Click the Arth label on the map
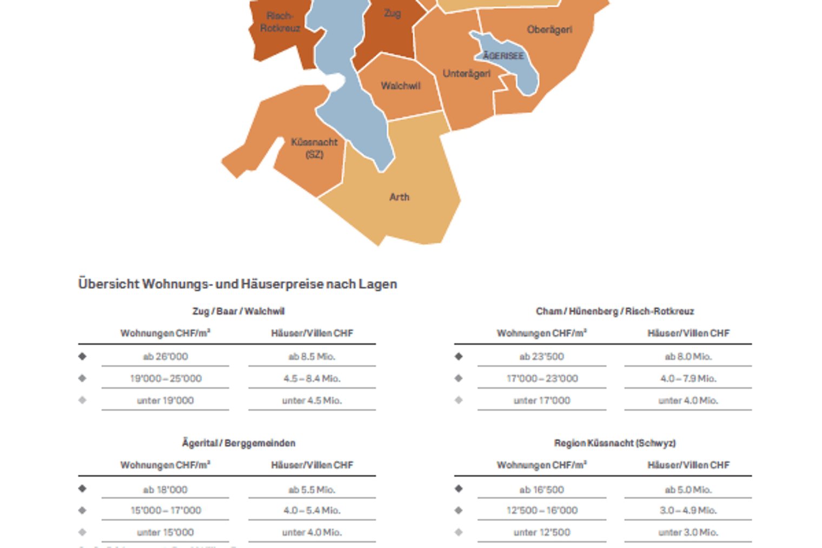(399, 197)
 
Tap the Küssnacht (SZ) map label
(314, 148)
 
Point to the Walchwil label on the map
(400, 86)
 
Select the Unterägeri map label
(466, 74)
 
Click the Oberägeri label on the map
(549, 30)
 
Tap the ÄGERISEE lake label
(503, 56)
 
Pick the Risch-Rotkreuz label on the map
(280, 22)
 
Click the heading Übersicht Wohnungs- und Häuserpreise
(237, 284)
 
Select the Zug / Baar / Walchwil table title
(238, 311)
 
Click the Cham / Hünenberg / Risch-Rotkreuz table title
(614, 311)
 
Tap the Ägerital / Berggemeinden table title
(238, 443)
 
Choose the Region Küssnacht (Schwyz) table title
(614, 443)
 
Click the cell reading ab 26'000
(165, 356)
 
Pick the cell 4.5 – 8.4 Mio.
(311, 379)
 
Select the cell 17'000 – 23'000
(542, 379)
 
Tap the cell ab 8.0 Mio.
(688, 356)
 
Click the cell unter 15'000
(165, 532)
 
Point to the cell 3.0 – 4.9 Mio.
(688, 510)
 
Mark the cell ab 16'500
(542, 490)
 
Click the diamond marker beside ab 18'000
(82, 488)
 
